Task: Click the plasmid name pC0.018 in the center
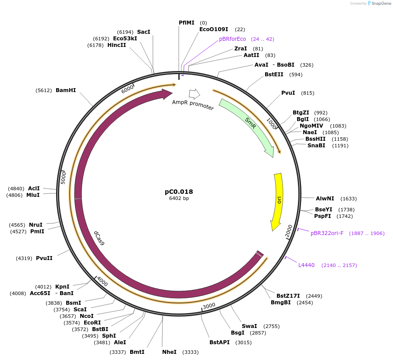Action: pos(179,192)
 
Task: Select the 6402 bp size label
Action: pos(179,198)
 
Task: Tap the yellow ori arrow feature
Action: pos(278,200)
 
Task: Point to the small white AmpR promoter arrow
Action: pos(194,93)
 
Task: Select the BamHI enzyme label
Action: pos(66,90)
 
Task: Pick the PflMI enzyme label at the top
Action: pos(186,23)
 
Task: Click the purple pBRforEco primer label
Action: pos(233,39)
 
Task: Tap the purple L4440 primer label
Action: pos(306,265)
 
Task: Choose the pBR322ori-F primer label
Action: pos(327,233)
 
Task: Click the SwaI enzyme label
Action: pos(249,326)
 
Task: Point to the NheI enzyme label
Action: pos(169,352)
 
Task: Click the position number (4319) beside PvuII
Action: pos(24,258)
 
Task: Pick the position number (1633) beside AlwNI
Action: pos(348,199)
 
